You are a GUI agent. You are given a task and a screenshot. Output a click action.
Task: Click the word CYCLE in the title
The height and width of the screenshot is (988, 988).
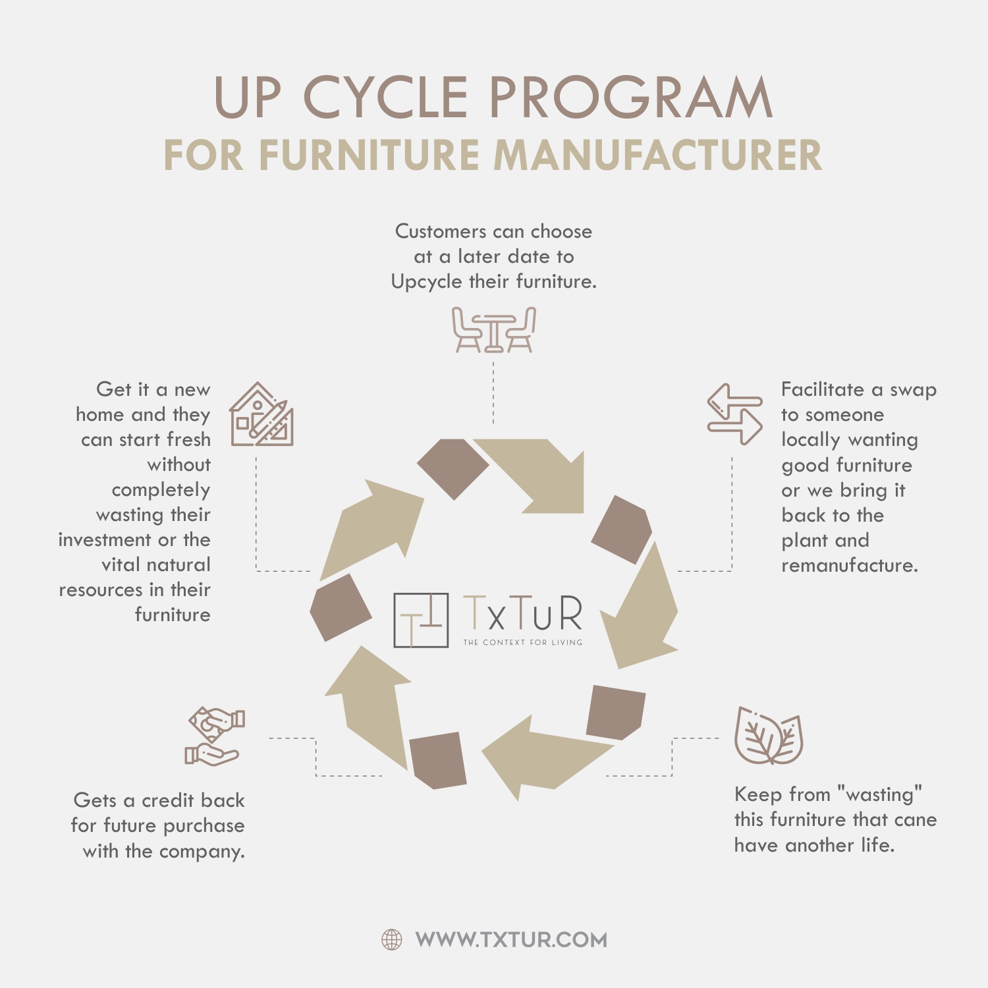point(385,97)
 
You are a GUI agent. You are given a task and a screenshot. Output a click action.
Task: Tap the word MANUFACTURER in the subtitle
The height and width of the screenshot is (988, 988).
point(658,155)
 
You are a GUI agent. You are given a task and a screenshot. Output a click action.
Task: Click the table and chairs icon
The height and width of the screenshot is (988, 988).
point(494,329)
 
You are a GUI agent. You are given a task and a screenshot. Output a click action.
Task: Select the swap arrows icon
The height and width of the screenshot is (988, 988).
point(735,414)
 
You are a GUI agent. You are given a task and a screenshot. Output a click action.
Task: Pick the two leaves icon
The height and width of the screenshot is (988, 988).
point(769,736)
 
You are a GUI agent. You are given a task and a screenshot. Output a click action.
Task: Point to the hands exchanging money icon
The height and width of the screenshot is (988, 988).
point(215,736)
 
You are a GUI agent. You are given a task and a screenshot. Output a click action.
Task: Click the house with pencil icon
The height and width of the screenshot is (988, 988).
point(261,414)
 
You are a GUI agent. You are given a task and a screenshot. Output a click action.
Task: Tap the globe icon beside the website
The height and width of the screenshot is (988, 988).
point(392,940)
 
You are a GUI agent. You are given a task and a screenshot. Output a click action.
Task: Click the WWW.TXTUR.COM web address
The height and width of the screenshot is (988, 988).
point(511,940)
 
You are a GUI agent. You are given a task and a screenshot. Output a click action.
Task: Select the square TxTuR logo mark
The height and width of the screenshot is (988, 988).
point(421,620)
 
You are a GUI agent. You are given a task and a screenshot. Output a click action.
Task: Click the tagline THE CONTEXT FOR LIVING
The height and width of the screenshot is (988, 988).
point(523,642)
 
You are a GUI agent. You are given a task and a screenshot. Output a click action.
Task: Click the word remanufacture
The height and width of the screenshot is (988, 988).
point(850,566)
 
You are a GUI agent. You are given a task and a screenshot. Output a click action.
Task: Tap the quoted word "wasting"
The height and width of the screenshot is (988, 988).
point(879,795)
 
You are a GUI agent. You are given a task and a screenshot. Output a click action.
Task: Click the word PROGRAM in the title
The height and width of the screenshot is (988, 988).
point(631,97)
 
